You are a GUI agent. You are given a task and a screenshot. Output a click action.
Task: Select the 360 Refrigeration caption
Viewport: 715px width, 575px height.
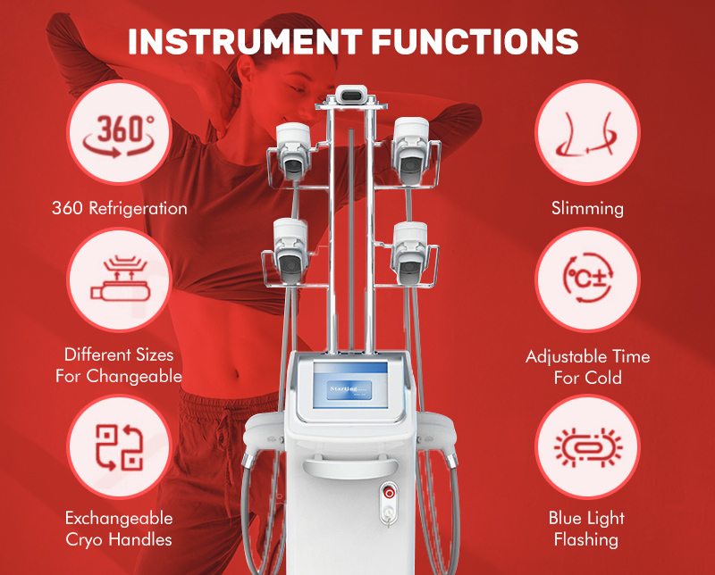(x=119, y=209)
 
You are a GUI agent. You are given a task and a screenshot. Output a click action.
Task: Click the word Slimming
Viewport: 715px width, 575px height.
(x=587, y=209)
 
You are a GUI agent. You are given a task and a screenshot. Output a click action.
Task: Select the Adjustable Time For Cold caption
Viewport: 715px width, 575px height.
(x=587, y=367)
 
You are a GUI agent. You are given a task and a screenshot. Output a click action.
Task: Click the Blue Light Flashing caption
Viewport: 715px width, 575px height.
(x=587, y=529)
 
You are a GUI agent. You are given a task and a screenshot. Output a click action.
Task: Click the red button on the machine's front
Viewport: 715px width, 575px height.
(x=389, y=490)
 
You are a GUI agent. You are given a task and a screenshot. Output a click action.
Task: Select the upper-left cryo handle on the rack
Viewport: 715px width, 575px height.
(x=292, y=147)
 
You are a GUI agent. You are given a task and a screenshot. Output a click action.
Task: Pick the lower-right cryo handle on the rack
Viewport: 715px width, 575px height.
(x=410, y=246)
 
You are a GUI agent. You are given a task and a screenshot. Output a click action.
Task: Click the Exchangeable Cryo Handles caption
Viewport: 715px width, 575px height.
(x=119, y=529)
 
